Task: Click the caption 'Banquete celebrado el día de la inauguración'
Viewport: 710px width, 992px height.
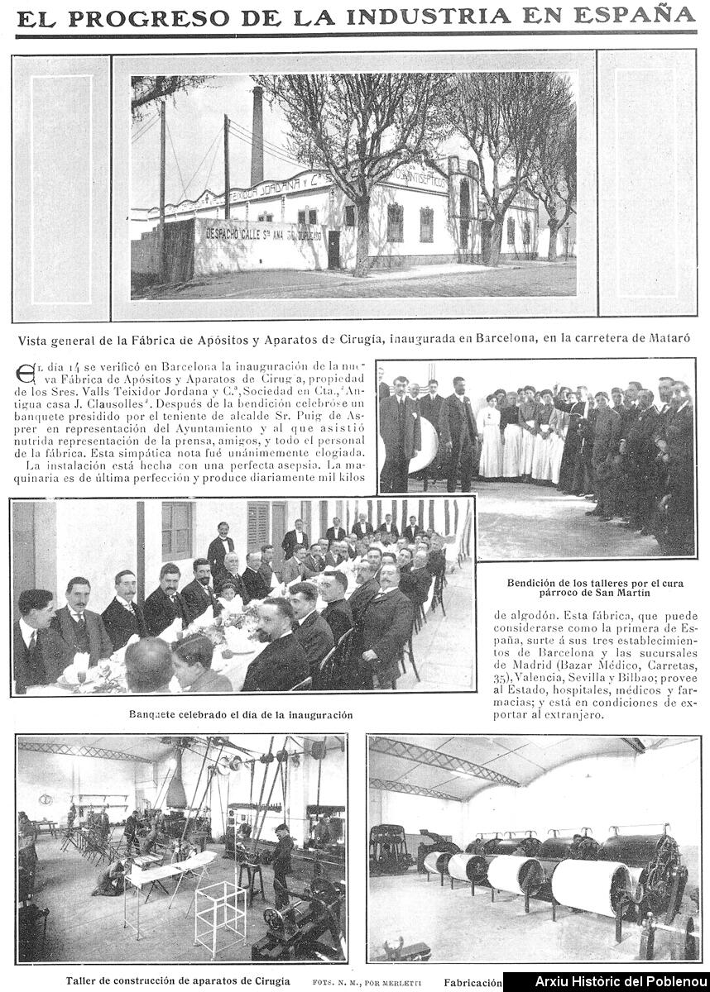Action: point(241,714)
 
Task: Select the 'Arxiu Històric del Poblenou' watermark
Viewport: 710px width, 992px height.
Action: point(607,982)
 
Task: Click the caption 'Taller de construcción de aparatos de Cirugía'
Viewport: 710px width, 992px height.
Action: point(178,981)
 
